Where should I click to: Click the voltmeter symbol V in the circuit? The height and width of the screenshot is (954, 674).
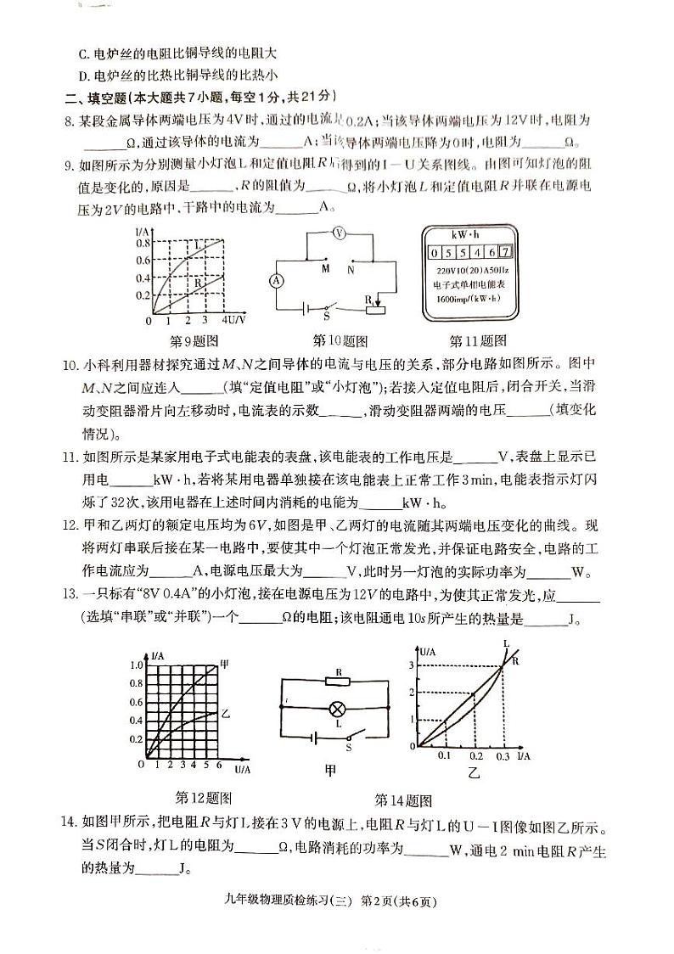(338, 233)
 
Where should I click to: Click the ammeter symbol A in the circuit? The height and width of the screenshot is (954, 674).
(275, 278)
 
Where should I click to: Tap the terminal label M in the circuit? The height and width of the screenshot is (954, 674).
(324, 269)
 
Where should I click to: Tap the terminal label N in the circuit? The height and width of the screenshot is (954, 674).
(350, 269)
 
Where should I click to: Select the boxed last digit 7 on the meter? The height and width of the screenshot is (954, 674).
(506, 251)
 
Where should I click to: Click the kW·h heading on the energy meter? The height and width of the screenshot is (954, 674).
(468, 232)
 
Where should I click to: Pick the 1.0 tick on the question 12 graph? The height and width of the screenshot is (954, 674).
(137, 665)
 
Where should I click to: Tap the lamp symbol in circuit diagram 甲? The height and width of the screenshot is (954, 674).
(338, 707)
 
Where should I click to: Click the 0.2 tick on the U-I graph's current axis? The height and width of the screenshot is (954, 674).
(475, 755)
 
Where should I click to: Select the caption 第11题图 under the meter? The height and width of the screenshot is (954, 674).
(478, 341)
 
